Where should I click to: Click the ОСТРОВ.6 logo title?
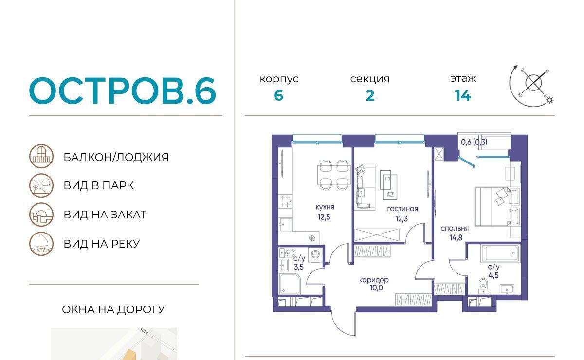pos(123,90)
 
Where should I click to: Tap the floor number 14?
pos(463,95)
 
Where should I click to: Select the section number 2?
pos(370,96)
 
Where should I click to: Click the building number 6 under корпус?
pos(279,96)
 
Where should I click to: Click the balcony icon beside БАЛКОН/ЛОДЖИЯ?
pos(41,156)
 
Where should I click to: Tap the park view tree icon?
pos(41,185)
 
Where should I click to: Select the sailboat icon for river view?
pos(41,244)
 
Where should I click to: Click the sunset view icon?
pos(41,215)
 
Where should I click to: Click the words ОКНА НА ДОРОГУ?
pos(113,309)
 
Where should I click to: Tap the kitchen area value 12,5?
pos(324,217)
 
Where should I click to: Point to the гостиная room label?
pos(402,209)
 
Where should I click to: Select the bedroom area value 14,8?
pos(456,238)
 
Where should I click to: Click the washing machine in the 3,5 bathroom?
pos(316,254)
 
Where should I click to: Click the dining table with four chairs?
pos(333,175)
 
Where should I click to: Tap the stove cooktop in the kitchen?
pos(285,201)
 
